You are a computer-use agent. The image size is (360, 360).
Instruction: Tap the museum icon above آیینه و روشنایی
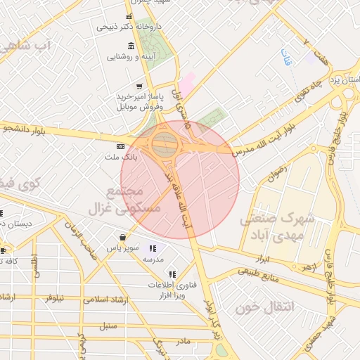[131, 46]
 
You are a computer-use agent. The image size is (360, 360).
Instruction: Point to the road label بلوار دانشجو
[28, 129]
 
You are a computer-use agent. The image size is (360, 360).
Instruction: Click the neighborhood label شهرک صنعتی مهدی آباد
[277, 226]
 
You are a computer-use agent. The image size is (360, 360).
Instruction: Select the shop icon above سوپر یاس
[123, 238]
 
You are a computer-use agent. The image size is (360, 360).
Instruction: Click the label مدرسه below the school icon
[153, 259]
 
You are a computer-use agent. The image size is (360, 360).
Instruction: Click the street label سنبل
[108, 325]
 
